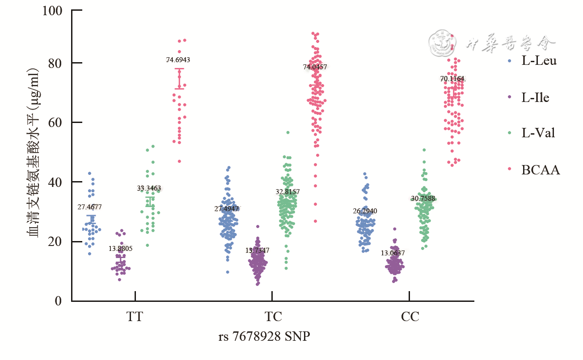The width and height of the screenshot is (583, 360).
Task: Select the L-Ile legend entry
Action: click(x=535, y=97)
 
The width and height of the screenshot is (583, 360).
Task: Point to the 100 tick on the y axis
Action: click(x=53, y=10)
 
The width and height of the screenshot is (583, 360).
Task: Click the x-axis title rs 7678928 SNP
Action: click(x=264, y=336)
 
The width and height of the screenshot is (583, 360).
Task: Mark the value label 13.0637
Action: click(x=393, y=253)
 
